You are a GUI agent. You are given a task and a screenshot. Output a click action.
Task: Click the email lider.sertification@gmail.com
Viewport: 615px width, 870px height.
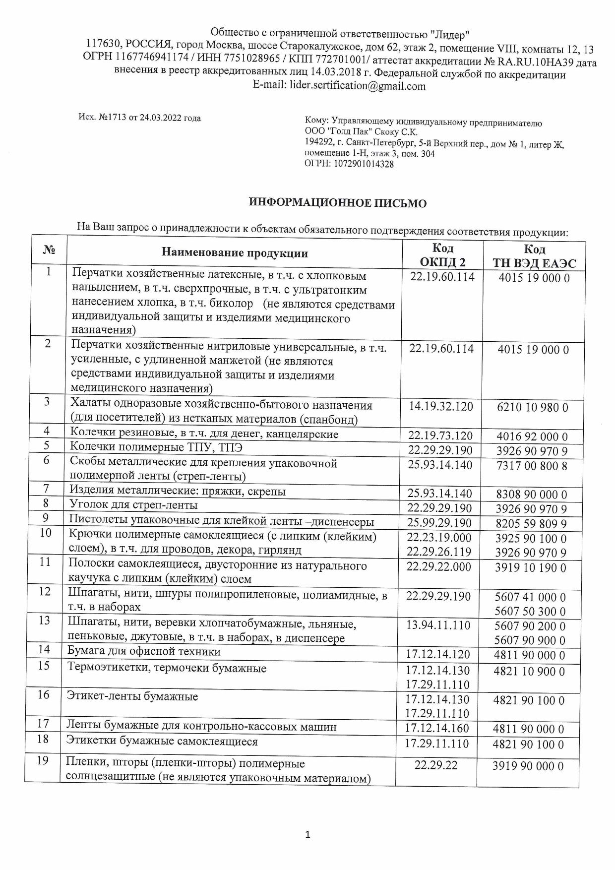pyautogui.click(x=356, y=86)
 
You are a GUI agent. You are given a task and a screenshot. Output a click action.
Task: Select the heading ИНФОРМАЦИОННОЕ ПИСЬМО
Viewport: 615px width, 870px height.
pyautogui.click(x=338, y=203)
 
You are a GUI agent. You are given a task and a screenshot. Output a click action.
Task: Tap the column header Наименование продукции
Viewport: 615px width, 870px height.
pyautogui.click(x=235, y=253)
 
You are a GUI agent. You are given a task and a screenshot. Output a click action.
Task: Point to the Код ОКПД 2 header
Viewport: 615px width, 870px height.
pyautogui.click(x=443, y=255)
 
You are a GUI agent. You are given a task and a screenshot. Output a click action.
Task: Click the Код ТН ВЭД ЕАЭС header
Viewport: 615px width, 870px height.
pyautogui.click(x=534, y=256)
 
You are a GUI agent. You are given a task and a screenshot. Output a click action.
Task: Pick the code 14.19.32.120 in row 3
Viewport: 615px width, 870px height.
pyautogui.click(x=441, y=407)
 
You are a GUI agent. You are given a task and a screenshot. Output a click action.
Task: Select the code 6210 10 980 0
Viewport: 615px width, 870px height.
pyautogui.click(x=533, y=408)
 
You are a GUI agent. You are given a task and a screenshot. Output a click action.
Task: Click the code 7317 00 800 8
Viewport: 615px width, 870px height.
pyautogui.click(x=532, y=466)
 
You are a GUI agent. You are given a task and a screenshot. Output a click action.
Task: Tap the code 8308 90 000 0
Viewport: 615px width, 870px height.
pyautogui.click(x=532, y=495)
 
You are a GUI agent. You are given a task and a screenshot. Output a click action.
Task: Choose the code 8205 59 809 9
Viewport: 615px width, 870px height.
pyautogui.click(x=531, y=524)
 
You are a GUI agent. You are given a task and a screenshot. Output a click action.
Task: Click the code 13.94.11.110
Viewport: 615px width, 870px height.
pyautogui.click(x=438, y=625)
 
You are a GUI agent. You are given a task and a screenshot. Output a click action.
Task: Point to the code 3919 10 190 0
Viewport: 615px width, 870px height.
pyautogui.click(x=530, y=567)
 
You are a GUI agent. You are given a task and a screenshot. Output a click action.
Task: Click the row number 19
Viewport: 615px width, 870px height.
pyautogui.click(x=43, y=760)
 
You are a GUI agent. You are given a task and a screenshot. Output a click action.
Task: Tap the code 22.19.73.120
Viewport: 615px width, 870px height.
pyautogui.click(x=440, y=436)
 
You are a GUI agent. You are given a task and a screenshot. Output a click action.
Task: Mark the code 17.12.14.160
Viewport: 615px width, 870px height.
pyautogui.click(x=437, y=728)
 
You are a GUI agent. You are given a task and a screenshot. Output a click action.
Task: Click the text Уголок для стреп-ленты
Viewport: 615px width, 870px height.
pyautogui.click(x=133, y=505)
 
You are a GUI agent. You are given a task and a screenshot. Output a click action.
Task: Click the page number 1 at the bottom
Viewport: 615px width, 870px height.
pyautogui.click(x=307, y=834)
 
